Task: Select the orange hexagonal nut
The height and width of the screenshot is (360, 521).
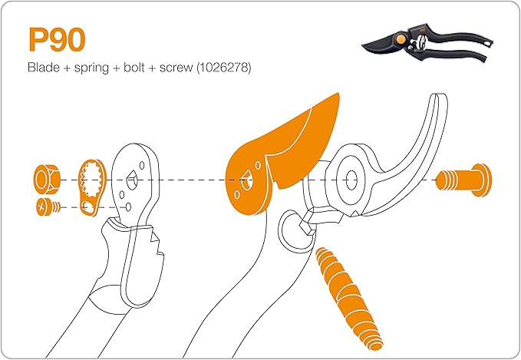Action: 45,180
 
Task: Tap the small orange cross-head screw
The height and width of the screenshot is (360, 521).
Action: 45,206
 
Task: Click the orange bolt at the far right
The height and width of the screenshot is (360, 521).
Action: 464,181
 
